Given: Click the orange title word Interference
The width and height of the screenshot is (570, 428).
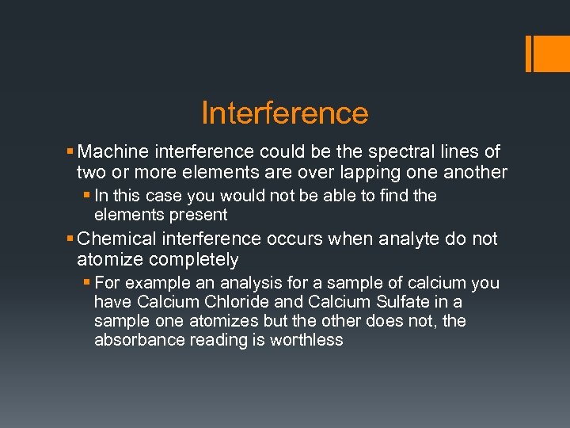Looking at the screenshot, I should (285, 113).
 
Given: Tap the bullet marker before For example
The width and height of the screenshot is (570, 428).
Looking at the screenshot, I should (87, 283).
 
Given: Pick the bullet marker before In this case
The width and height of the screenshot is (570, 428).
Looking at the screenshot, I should (87, 196).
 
